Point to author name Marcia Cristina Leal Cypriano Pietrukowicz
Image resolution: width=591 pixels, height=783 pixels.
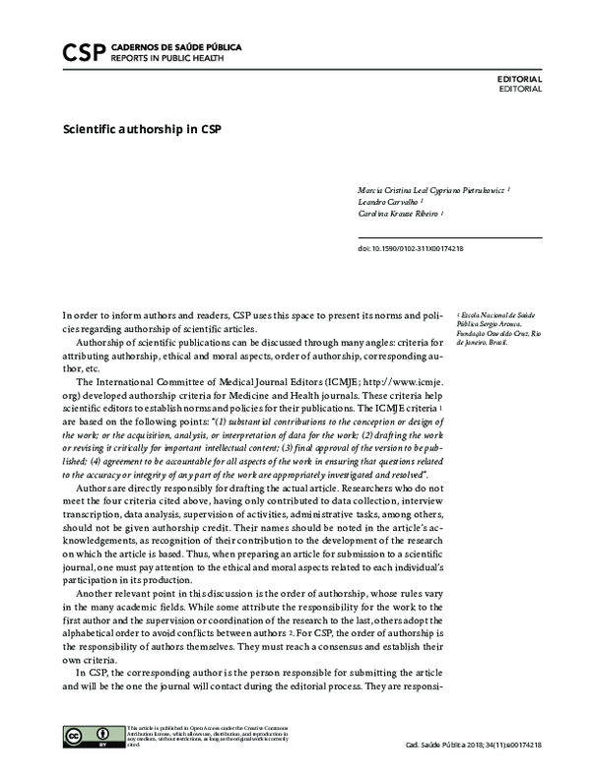[x=431, y=186]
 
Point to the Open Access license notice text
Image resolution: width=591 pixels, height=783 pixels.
[x=207, y=737]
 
